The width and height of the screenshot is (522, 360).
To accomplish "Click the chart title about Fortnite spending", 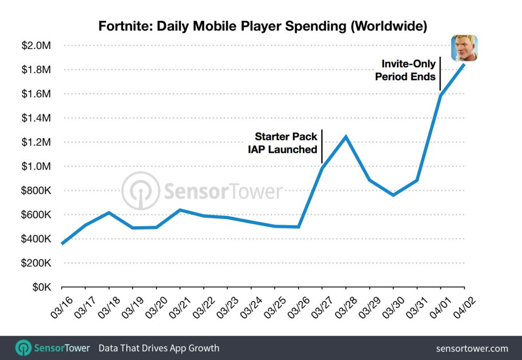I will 263,27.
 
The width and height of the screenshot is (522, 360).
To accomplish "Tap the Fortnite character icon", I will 464,48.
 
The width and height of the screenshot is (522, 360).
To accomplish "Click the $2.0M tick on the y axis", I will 35,46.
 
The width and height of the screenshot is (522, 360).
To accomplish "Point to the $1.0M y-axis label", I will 35,166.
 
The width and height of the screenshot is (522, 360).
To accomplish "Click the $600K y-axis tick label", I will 35,215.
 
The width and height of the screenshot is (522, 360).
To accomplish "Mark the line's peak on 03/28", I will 346,137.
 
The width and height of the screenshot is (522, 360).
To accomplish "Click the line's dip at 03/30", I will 393,195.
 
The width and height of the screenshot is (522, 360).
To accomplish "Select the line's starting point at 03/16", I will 62,244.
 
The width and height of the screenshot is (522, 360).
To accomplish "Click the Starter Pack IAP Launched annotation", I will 286,143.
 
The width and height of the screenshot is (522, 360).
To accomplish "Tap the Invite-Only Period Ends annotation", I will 408,70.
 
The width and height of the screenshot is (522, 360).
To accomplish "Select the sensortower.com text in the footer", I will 471,348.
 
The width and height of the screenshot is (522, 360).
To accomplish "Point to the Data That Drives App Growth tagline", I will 159,348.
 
